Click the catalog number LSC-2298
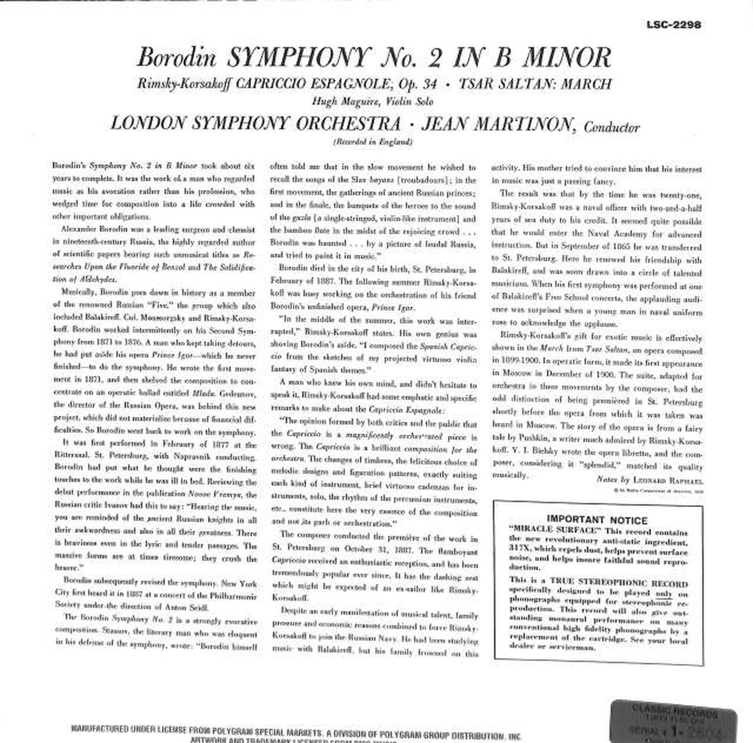coord(673,25)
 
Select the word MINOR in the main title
coord(567,58)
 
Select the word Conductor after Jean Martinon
coord(611,126)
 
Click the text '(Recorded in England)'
coord(373,142)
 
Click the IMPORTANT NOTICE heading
coord(597,520)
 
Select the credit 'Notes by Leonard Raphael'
coord(649,480)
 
